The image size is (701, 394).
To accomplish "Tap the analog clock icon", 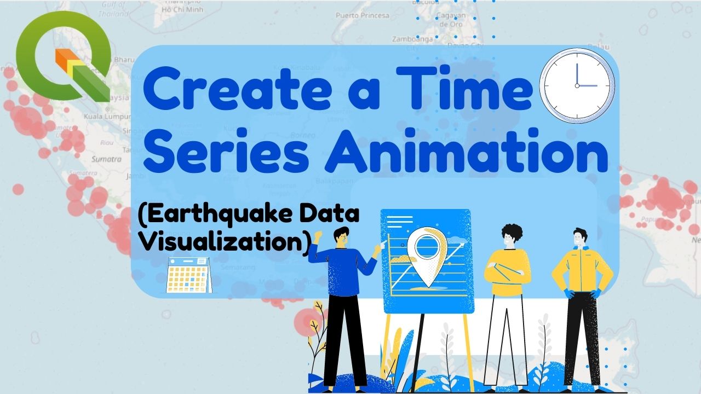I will [x=577, y=86].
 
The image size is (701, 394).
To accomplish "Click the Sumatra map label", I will [x=107, y=159].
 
